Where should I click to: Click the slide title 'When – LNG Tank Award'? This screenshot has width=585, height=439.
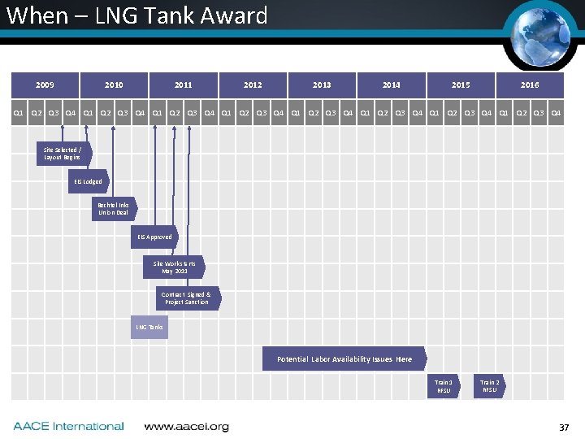(x=136, y=15)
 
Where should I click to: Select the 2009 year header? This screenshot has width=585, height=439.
(x=45, y=85)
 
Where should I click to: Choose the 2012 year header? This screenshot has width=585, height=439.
(x=253, y=85)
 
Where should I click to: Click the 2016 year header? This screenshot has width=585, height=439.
(x=530, y=85)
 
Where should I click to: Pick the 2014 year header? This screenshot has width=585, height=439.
(x=392, y=85)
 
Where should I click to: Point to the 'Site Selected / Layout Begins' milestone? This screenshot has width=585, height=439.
(x=62, y=154)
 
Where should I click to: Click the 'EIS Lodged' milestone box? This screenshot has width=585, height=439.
(x=88, y=181)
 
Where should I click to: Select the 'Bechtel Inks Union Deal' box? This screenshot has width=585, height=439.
(x=112, y=209)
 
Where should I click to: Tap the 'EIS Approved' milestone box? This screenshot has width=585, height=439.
(x=154, y=237)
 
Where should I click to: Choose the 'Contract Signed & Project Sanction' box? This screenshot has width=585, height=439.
(x=186, y=298)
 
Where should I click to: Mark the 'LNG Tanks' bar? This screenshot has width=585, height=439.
(x=149, y=328)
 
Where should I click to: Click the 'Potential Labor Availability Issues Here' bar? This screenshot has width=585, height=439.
(x=344, y=359)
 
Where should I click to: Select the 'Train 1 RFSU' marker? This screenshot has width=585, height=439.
(x=444, y=386)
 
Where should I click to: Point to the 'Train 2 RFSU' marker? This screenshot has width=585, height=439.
(x=490, y=386)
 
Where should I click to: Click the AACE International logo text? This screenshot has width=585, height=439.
(x=68, y=426)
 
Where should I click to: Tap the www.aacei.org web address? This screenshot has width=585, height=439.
(x=186, y=426)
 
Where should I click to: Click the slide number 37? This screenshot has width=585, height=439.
(x=564, y=428)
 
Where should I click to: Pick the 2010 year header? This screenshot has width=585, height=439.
(x=114, y=85)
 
